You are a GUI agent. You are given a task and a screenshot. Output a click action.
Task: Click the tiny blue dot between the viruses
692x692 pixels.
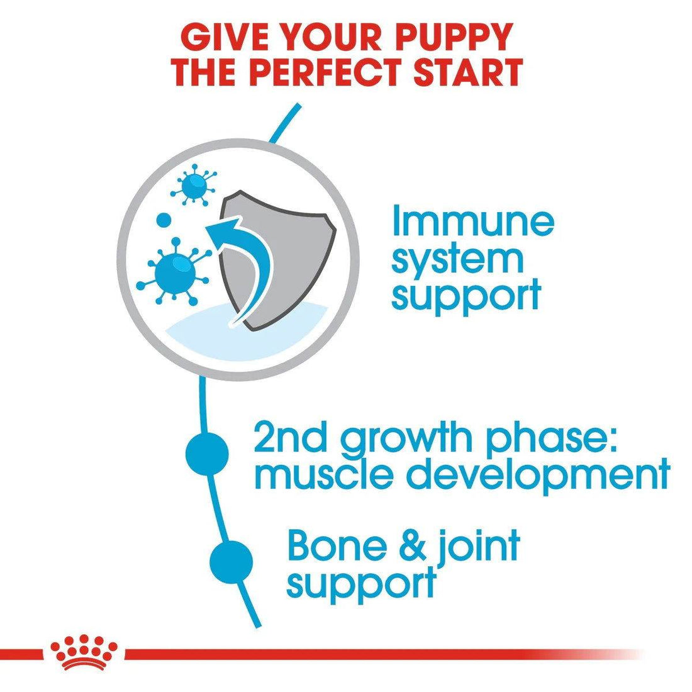[164, 221]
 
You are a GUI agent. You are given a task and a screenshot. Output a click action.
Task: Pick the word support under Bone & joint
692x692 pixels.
[361, 583]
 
